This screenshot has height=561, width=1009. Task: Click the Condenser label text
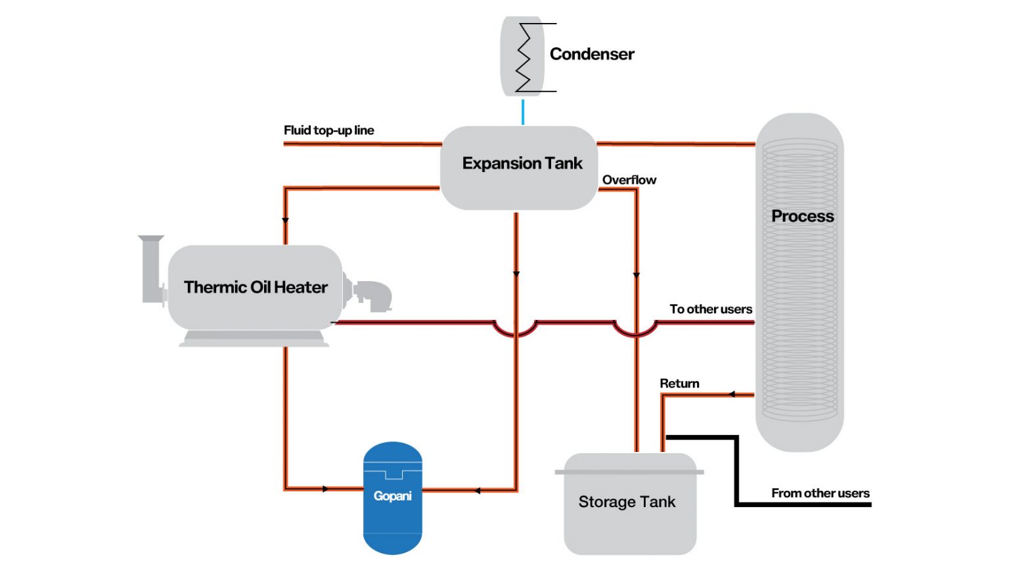(x=591, y=54)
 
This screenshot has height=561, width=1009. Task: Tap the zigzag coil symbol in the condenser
(x=524, y=58)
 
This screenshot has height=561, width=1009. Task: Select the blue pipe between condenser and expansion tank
(x=523, y=112)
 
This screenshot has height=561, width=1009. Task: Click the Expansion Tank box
(x=519, y=168)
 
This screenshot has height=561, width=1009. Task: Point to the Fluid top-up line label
(x=328, y=130)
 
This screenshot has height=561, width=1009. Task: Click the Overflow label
(x=629, y=180)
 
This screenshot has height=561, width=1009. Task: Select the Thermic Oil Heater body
(x=255, y=287)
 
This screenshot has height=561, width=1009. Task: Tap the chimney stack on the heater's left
(x=152, y=269)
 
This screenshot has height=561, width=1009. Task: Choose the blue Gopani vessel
(x=392, y=497)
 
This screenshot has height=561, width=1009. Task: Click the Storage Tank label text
(x=626, y=502)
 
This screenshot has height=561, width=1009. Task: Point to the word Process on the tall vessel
(x=802, y=216)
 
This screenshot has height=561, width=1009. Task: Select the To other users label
(x=710, y=309)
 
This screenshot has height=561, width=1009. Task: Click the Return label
(x=679, y=384)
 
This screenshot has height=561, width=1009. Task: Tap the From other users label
(x=820, y=493)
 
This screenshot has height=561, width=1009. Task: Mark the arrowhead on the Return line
(x=732, y=394)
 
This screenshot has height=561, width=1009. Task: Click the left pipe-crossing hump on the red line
(x=516, y=330)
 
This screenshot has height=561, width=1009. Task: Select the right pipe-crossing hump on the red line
(x=635, y=330)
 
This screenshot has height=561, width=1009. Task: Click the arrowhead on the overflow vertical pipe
(x=636, y=275)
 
